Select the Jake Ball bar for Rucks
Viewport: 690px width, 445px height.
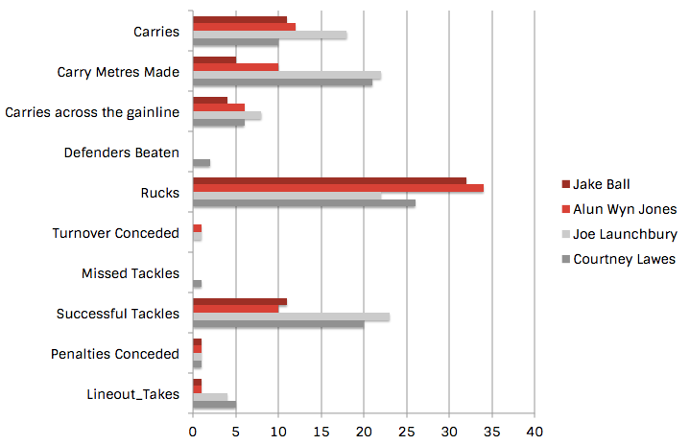[329, 179]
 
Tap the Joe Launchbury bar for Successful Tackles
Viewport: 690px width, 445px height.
[291, 316]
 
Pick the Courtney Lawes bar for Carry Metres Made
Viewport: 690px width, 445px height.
[282, 82]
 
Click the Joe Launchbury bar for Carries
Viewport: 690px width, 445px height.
[270, 35]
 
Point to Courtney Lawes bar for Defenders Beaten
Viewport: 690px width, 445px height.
[202, 162]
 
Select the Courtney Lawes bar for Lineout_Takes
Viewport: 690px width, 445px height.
[214, 404]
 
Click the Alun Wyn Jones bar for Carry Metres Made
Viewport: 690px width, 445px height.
[235, 67]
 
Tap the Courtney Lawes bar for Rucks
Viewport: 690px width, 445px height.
[303, 202]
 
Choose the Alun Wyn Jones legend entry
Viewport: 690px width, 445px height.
[625, 208]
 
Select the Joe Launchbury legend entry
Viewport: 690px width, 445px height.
[624, 233]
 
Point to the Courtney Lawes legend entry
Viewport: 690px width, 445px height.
[624, 259]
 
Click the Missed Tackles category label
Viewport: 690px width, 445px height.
[131, 273]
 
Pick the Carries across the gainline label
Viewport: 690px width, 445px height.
[92, 112]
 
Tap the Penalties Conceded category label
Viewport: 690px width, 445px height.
[114, 354]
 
